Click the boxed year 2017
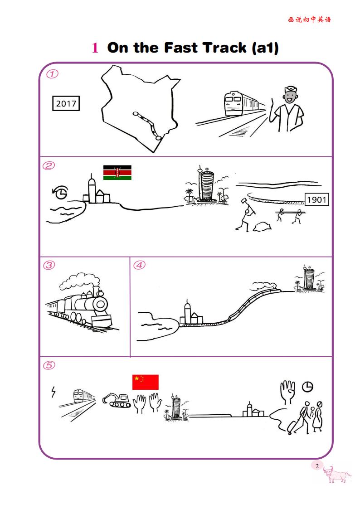click(x=66, y=103)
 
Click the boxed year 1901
click(x=316, y=199)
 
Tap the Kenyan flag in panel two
click(x=117, y=172)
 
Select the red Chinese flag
click(x=146, y=382)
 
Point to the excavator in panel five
click(x=117, y=400)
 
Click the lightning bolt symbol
click(x=53, y=392)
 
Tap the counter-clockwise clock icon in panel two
click(x=60, y=193)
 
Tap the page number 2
click(x=317, y=466)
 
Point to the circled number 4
click(x=139, y=265)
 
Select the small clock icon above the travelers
click(x=308, y=387)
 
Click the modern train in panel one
click(x=243, y=103)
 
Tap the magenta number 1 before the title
click(x=95, y=48)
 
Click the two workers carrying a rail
click(x=291, y=216)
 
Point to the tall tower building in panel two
click(x=206, y=184)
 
